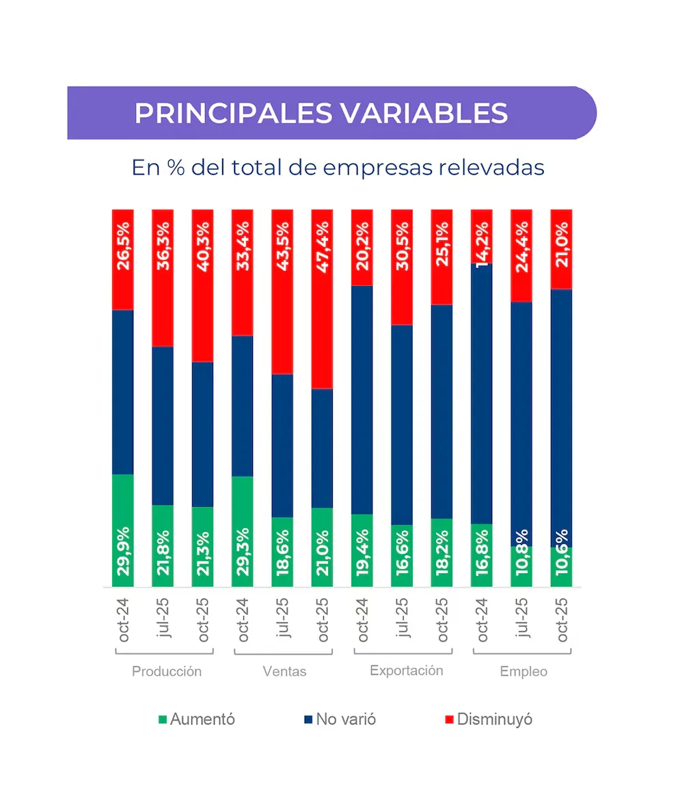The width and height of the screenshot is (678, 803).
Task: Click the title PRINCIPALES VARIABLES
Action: pos(321,114)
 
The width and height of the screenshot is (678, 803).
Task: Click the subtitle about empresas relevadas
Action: pos(338,168)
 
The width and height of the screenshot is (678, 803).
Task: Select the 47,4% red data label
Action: pos(323,246)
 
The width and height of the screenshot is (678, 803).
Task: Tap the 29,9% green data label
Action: pos(124,551)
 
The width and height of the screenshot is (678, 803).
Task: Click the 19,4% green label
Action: pos(362,551)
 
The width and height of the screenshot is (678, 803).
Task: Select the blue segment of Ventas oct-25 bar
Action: pos(323,448)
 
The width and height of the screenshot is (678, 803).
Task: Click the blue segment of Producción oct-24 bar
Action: pos(124,391)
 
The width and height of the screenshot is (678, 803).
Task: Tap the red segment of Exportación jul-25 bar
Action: pos(402,267)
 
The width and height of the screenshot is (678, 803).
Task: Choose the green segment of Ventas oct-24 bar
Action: pos(243,531)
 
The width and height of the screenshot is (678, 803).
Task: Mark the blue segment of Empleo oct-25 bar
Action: pos(561,417)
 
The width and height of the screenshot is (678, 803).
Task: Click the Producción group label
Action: pos(167,672)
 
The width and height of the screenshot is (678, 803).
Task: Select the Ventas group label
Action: pos(284,672)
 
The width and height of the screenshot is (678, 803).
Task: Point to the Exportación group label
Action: pos(407,671)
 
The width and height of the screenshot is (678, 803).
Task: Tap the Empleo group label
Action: pos(524,672)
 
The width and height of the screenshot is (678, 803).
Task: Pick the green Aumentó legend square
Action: pos(163,720)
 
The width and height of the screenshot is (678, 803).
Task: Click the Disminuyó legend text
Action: pos(495,720)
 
